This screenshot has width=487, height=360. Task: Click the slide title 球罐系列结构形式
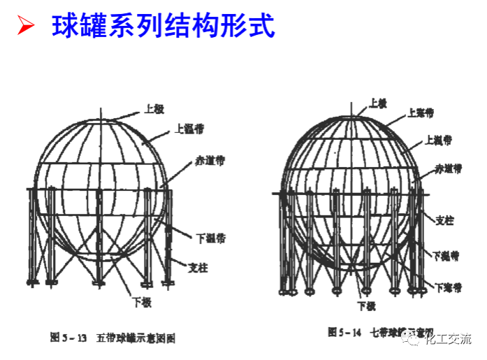[163, 27]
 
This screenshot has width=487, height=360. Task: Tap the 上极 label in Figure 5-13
[154, 108]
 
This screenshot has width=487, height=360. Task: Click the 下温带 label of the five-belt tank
[209, 238]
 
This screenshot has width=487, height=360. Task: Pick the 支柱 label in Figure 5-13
[198, 266]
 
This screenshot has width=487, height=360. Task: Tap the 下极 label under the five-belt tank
[142, 303]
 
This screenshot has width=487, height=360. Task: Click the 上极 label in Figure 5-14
[377, 102]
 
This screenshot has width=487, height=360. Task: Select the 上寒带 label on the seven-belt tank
[421, 112]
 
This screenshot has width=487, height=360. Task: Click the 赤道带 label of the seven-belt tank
[447, 168]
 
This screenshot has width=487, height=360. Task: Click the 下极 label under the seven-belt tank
[367, 306]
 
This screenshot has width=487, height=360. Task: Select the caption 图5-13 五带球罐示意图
[112, 338]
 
